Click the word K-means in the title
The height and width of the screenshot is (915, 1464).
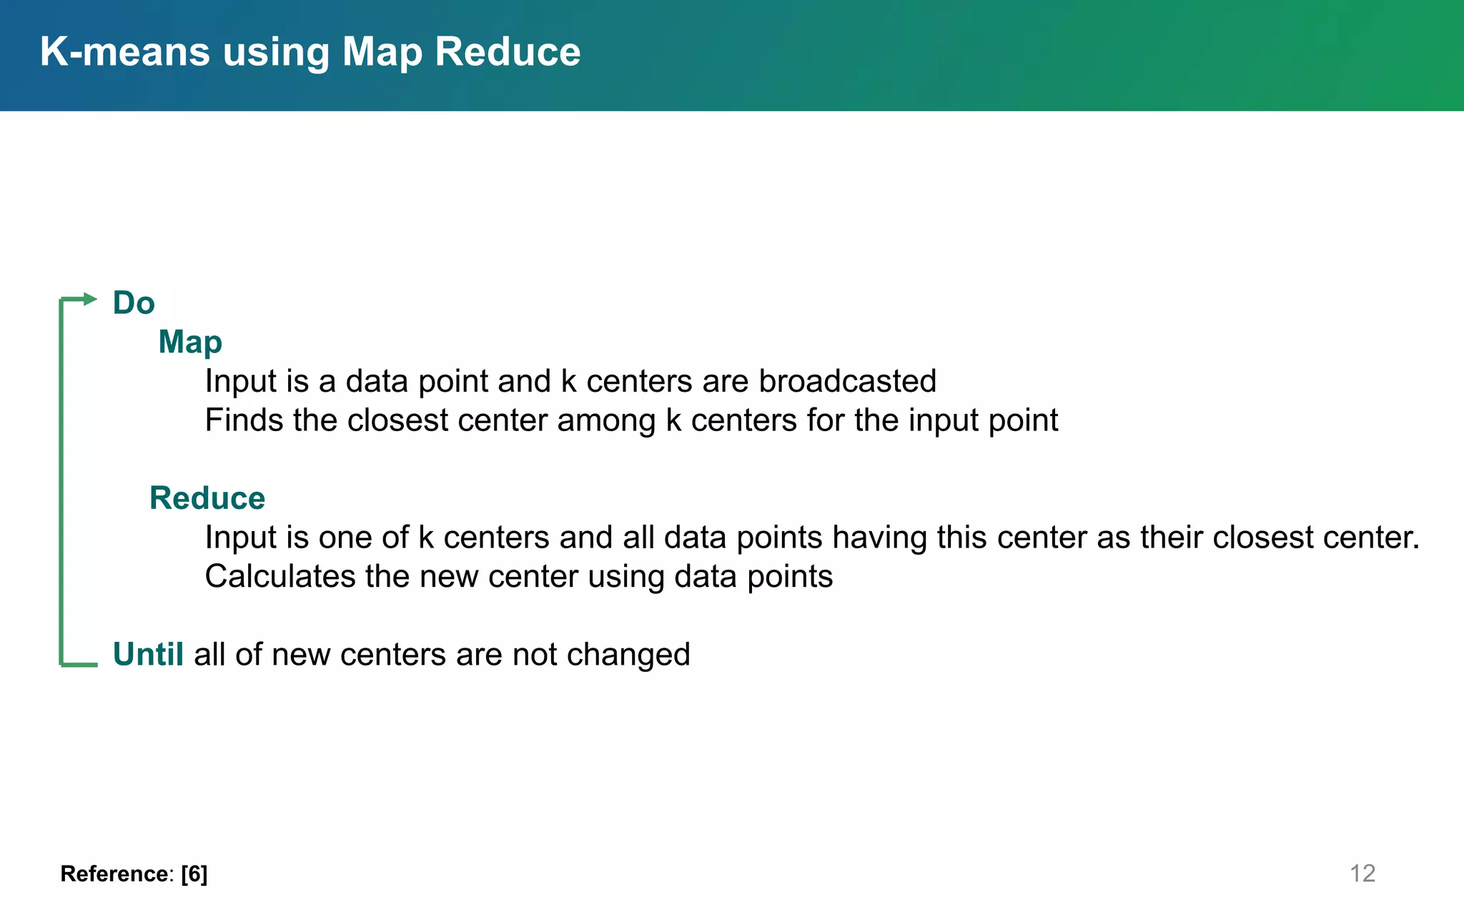[x=125, y=52]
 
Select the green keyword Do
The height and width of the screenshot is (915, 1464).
[x=134, y=303]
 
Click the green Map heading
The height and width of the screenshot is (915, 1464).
[x=190, y=342]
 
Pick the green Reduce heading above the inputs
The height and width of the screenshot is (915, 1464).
[x=207, y=498]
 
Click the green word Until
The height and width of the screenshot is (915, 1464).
[x=148, y=654]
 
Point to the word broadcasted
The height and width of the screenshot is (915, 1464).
[x=847, y=381]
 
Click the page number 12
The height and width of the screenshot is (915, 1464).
[x=1362, y=874]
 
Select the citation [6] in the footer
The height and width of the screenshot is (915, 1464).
[x=194, y=874]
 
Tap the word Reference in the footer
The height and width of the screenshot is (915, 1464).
[x=114, y=874]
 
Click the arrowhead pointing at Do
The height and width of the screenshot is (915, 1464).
[x=90, y=299]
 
